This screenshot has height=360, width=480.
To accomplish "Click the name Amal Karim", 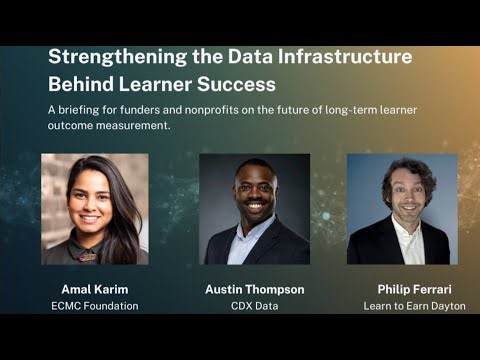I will click(95, 289).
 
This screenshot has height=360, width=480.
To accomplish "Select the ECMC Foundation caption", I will click(95, 306).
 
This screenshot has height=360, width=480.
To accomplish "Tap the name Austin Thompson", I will click(254, 289).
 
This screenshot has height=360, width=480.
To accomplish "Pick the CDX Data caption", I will click(254, 306).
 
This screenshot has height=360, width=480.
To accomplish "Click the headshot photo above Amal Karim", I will click(95, 208).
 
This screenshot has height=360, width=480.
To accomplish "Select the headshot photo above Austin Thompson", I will click(254, 208).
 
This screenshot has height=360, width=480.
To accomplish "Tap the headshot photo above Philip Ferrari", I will click(402, 208).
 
